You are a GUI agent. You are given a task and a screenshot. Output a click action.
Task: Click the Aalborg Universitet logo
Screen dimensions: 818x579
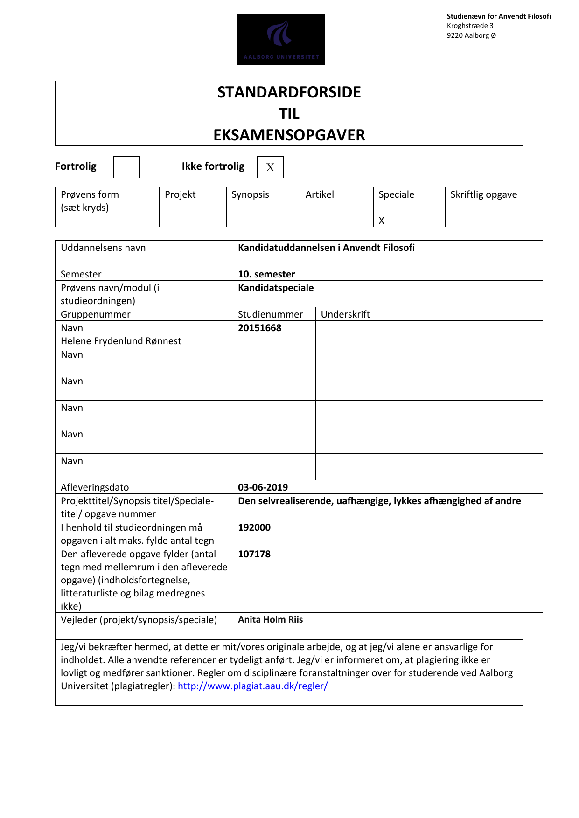tap(281, 39)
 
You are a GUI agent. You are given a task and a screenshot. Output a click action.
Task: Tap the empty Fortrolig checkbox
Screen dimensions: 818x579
tap(126, 167)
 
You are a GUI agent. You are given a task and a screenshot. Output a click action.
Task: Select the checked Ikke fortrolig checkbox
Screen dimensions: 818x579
tap(270, 167)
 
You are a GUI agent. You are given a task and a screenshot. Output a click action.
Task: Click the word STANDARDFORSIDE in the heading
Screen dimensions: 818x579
tap(289, 92)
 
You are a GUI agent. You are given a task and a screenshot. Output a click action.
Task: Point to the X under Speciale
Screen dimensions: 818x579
tap(381, 221)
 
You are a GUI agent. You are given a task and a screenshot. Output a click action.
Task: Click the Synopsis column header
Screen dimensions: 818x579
tap(250, 194)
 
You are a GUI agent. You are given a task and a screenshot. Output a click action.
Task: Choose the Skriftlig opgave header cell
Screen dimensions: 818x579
tap(483, 194)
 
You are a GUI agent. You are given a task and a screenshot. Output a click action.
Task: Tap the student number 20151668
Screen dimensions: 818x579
tap(259, 328)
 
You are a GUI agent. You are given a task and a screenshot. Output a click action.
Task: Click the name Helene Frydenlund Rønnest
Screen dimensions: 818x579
tap(121, 341)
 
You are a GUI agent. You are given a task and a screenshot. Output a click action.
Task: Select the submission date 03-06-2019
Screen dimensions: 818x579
tap(263, 487)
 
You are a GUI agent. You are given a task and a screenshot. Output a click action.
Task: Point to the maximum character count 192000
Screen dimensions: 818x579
tap(254, 527)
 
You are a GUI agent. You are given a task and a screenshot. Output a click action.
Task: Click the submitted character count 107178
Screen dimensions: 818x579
tap(254, 554)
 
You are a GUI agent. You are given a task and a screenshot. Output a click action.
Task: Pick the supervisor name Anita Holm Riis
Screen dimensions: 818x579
tap(270, 619)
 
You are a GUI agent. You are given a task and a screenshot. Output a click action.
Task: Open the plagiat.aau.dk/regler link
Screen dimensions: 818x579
tap(252, 686)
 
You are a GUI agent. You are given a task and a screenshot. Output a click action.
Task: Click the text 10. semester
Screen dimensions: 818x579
tap(266, 274)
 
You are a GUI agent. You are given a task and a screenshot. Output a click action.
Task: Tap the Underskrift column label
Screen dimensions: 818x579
tap(345, 314)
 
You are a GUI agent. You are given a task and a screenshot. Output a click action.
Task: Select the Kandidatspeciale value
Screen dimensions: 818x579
tap(276, 288)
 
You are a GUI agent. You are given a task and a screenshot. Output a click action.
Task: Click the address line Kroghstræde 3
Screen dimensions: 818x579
tap(470, 26)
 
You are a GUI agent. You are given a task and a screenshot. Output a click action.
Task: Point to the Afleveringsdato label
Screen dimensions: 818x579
tap(95, 487)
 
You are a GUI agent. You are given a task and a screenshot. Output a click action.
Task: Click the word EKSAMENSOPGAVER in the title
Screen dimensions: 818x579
tap(289, 135)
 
